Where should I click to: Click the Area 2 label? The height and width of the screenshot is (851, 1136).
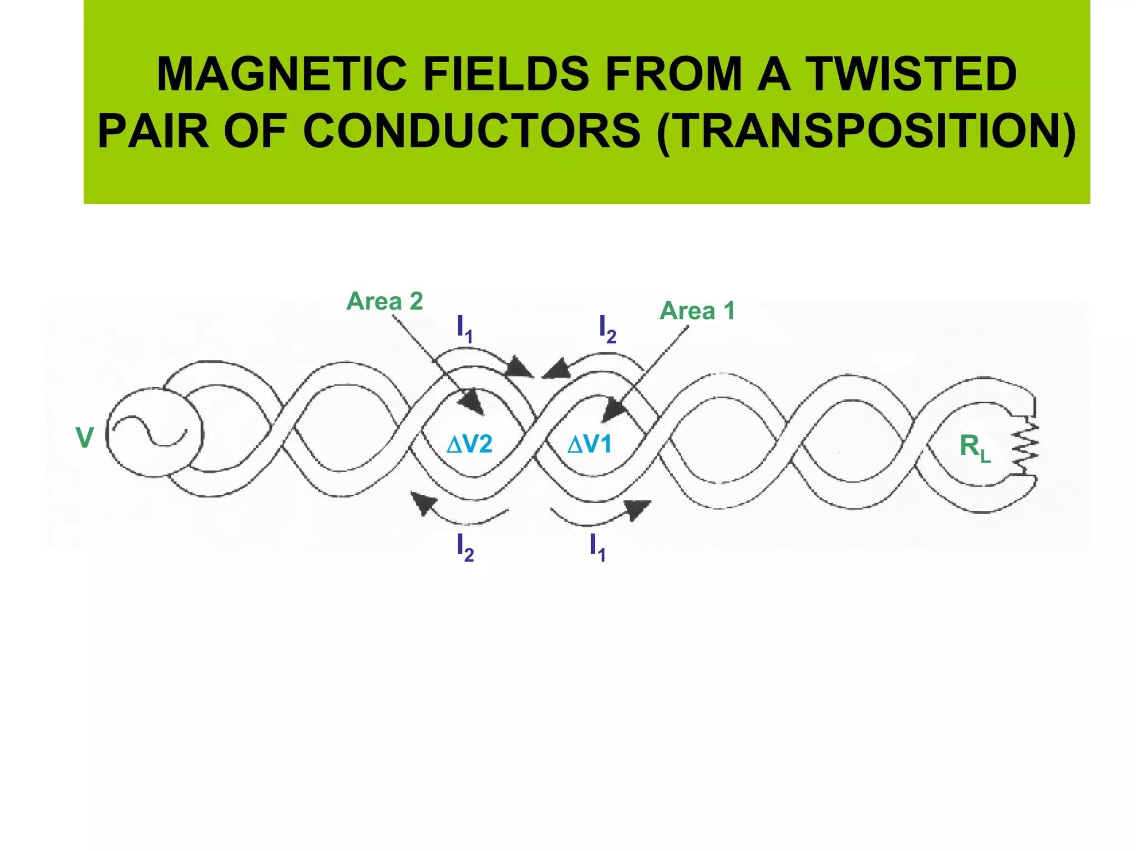384,301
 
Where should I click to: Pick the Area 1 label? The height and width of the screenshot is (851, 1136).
697,311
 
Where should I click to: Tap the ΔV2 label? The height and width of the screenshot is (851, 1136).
469,444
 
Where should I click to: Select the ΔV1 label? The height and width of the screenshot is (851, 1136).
589,444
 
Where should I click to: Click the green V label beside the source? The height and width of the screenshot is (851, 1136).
85,438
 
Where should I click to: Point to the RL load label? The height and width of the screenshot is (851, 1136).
975,447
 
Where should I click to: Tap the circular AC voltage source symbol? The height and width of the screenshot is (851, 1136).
154,432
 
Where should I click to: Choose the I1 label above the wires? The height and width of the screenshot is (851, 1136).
464,329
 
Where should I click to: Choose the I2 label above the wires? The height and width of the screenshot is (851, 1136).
607,329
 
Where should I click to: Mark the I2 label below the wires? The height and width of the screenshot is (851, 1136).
465,548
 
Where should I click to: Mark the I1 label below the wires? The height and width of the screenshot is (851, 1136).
597,548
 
